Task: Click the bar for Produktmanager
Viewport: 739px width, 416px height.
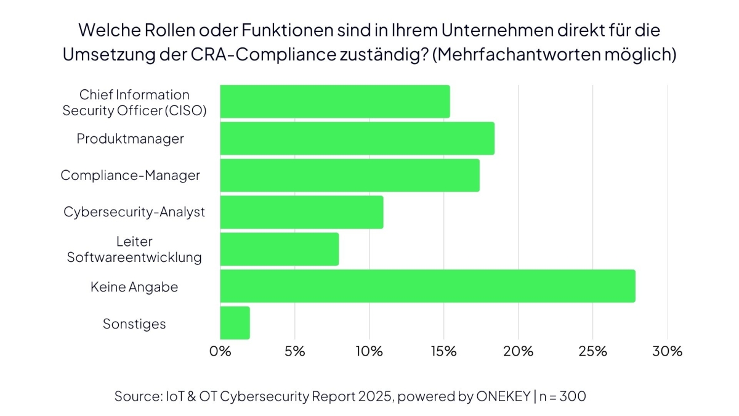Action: click(x=357, y=139)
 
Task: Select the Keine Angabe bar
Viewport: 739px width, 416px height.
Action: click(x=427, y=286)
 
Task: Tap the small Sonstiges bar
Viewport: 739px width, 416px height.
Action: click(x=235, y=323)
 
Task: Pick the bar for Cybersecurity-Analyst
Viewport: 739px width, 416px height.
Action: click(x=302, y=212)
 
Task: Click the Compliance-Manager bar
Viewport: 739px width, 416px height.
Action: click(x=350, y=175)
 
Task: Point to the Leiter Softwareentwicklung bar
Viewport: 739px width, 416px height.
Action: click(x=280, y=249)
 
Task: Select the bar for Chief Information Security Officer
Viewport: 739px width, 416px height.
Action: click(x=335, y=102)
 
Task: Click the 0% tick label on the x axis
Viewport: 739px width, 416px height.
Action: click(x=220, y=351)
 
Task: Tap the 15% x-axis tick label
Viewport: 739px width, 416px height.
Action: click(x=443, y=351)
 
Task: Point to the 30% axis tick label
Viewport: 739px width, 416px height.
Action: click(x=668, y=351)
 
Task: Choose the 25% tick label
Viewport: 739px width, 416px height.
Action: click(x=592, y=351)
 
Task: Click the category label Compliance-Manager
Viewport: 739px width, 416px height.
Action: click(x=130, y=175)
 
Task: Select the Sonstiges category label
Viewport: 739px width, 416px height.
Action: click(x=134, y=324)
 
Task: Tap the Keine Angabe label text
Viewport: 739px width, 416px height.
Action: click(x=134, y=287)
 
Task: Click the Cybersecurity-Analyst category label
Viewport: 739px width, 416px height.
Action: click(x=134, y=212)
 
